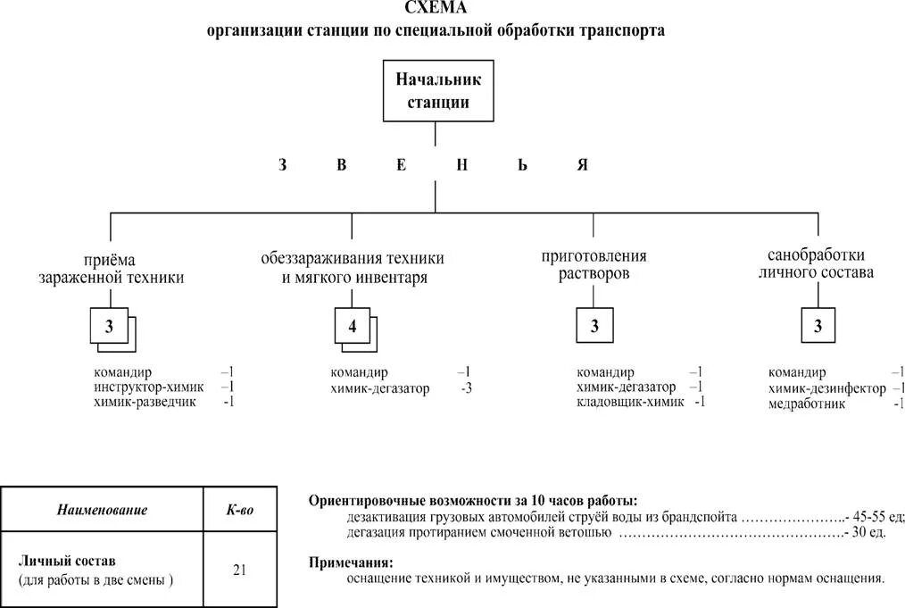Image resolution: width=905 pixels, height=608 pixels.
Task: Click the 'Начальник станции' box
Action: (438, 90)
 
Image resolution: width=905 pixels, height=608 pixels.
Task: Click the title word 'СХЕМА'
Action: (435, 9)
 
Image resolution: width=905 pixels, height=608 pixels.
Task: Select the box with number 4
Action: (352, 327)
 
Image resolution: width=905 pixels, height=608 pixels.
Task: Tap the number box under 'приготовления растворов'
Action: (594, 327)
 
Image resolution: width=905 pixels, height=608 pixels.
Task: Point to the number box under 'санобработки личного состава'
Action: (818, 327)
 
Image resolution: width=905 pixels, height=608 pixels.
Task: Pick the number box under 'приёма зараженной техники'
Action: (109, 327)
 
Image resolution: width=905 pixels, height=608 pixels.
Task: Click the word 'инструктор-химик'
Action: (148, 387)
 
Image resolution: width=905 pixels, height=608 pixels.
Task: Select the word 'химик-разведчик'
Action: (146, 403)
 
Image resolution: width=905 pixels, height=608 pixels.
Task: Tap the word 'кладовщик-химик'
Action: (630, 402)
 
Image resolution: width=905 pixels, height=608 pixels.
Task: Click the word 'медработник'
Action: (807, 404)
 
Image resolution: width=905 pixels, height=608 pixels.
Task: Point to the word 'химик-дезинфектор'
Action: (826, 388)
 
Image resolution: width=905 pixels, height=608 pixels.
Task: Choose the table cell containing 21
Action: (239, 570)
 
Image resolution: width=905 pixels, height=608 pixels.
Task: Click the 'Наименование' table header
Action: (102, 511)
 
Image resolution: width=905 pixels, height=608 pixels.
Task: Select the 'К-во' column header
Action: (239, 511)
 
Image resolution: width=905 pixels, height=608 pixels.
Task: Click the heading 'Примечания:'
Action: (350, 562)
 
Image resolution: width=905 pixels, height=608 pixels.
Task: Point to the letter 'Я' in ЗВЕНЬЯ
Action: (582, 165)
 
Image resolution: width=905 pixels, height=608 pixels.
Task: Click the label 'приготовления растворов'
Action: (594, 265)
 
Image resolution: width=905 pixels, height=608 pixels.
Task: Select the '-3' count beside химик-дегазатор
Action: (466, 388)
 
